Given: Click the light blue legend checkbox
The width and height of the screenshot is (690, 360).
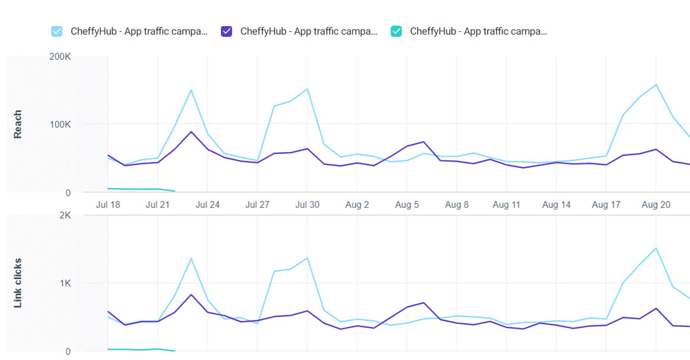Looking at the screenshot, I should coord(57,31).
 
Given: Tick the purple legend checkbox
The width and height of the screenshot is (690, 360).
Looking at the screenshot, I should coord(226,31).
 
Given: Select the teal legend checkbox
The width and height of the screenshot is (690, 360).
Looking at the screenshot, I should coord(396,31).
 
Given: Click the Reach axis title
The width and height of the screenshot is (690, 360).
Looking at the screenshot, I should coord(18,124).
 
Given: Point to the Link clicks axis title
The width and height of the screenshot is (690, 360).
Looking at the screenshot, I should coord(18,283).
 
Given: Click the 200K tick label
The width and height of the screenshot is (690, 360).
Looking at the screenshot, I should coord(59,57).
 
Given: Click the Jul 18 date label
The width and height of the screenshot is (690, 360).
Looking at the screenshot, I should coord(108,205).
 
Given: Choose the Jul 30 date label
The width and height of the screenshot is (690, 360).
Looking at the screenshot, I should coord(306,205).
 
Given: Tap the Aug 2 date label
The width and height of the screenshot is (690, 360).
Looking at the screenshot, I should coord(357,205).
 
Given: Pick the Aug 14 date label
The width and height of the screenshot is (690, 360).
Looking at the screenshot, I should coord(556,205).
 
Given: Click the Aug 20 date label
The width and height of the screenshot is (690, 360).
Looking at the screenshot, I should coord(656,205).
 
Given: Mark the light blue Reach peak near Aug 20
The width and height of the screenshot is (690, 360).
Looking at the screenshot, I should coord(656,84).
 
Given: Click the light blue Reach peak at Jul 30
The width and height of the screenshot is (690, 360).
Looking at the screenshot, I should coord(307,89).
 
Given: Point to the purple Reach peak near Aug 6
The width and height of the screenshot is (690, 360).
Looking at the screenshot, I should coord(423,141).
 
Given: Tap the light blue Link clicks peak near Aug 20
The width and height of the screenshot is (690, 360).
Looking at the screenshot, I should coord(656,248).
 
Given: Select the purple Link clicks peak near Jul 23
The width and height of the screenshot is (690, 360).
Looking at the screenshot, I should coord(191,294).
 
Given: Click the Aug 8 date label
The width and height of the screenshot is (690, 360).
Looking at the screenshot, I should coord(456,205).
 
